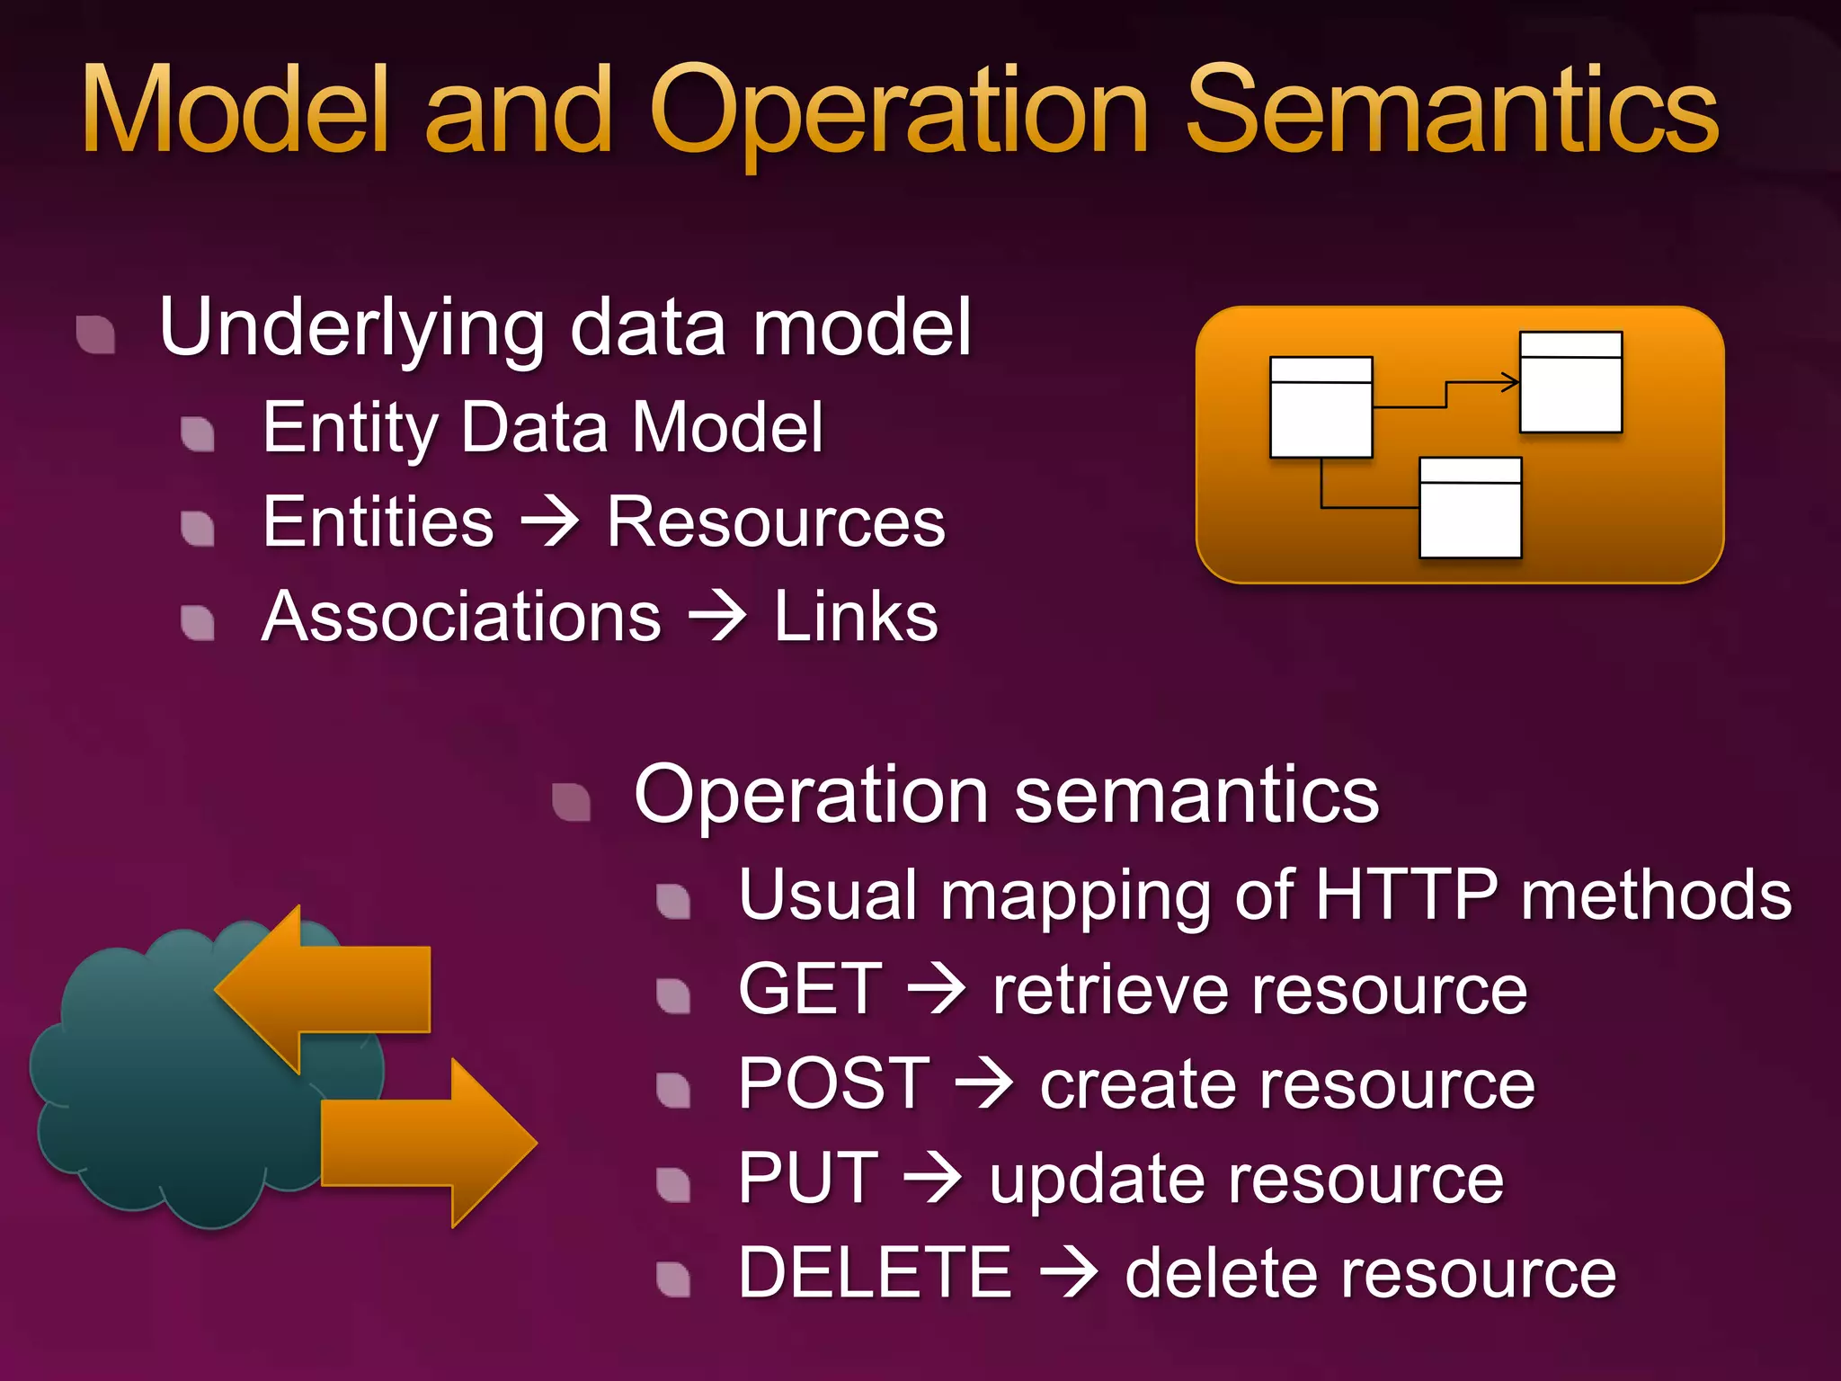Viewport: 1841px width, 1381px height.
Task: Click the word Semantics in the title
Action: [1451, 112]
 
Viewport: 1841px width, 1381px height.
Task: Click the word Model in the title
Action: [236, 112]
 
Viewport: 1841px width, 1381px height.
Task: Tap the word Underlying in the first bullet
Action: [351, 328]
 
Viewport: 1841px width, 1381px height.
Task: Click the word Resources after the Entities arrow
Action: [775, 522]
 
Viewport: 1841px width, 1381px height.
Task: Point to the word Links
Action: [856, 618]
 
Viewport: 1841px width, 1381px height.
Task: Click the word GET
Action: [810, 989]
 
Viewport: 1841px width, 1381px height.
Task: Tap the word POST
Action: [833, 1084]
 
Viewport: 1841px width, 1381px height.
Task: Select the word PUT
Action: [807, 1179]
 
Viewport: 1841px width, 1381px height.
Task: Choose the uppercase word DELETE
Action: [875, 1273]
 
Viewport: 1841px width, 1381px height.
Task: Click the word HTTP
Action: [1406, 895]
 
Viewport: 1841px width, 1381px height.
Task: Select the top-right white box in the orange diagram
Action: [1570, 383]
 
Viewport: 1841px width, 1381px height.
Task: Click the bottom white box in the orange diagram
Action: [1470, 509]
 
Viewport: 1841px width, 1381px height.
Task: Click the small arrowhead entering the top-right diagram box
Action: [1511, 383]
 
